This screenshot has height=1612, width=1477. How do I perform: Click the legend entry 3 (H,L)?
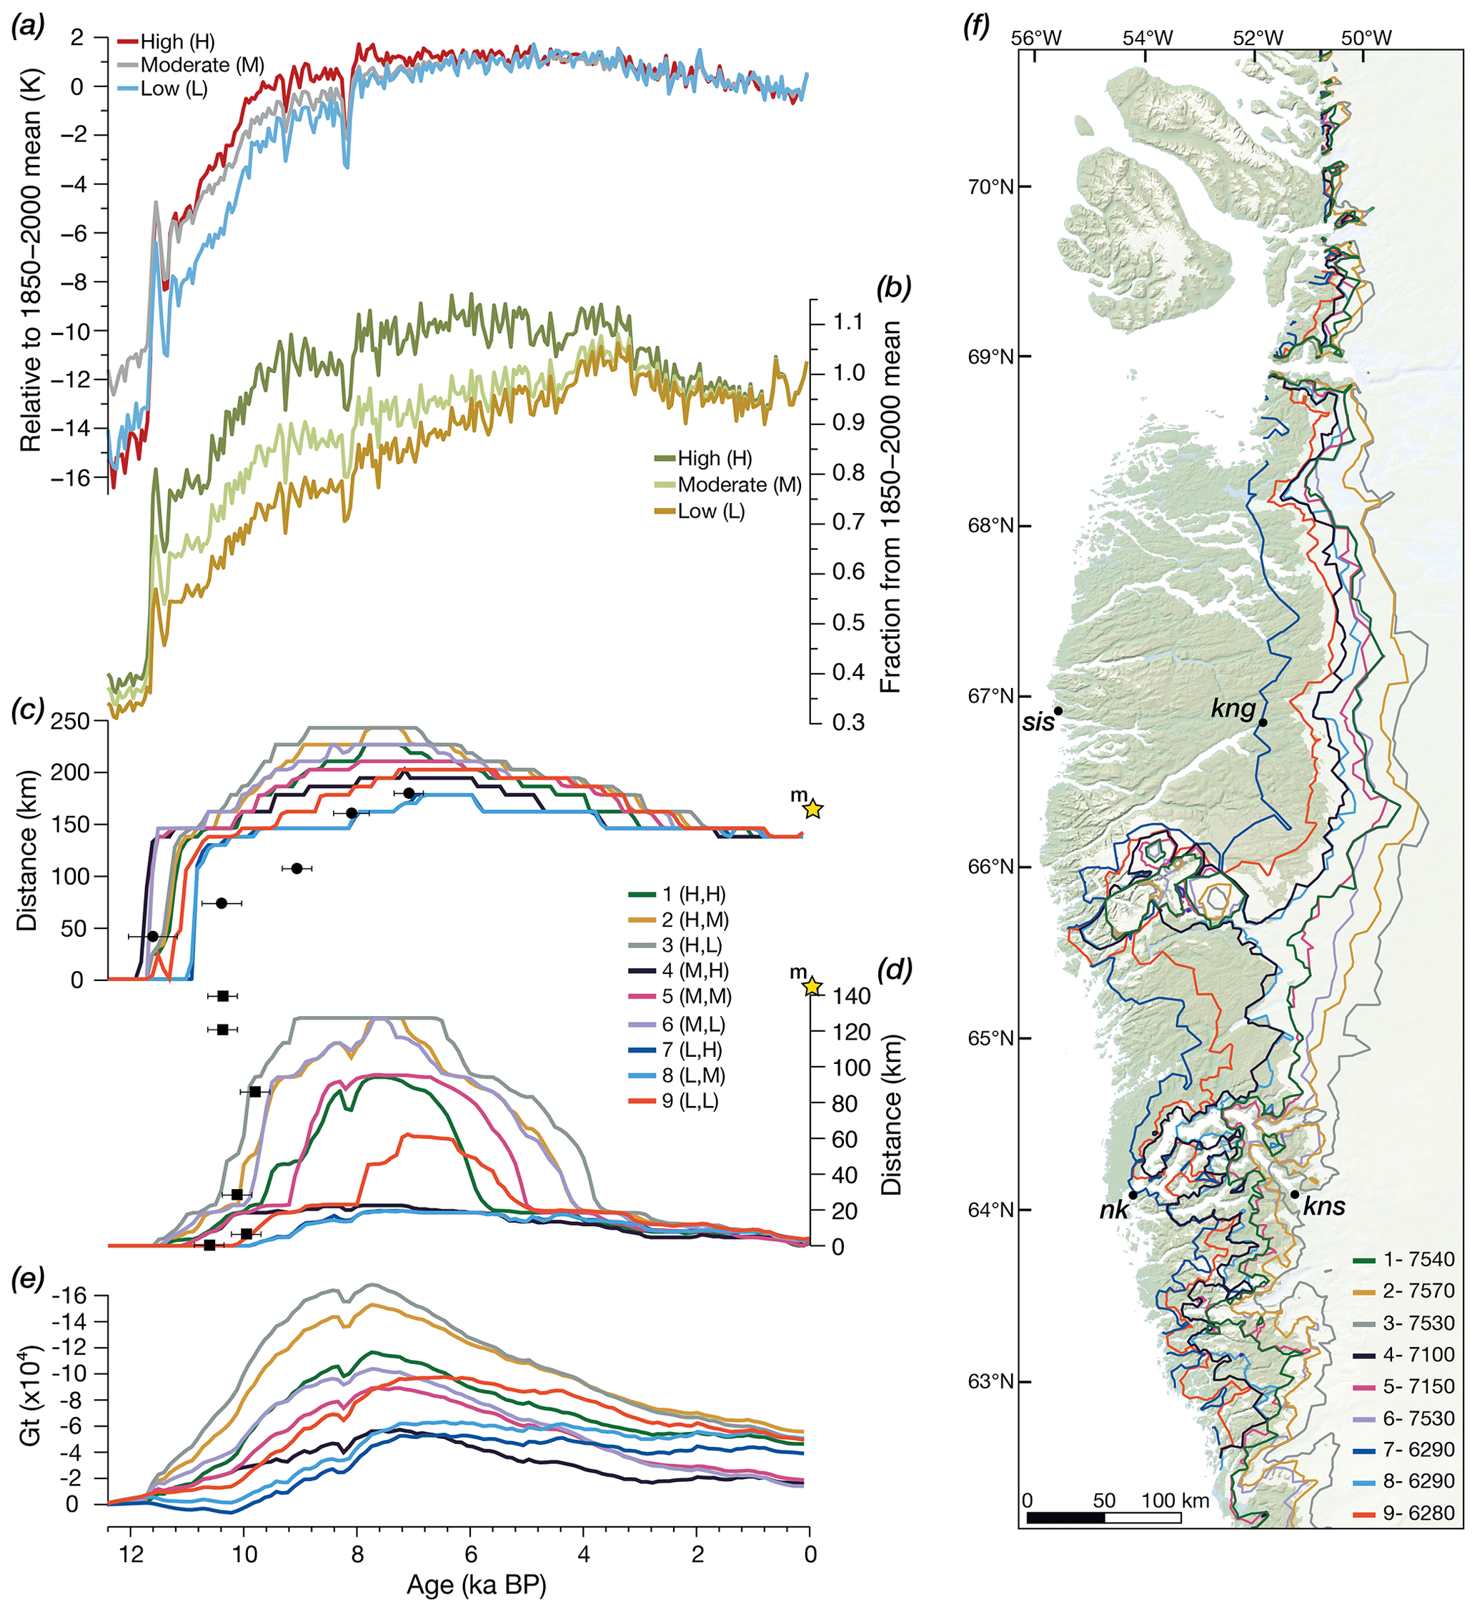pos(691,945)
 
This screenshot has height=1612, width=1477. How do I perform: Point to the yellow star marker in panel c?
pos(812,809)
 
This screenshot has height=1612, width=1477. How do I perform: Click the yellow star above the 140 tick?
pos(812,987)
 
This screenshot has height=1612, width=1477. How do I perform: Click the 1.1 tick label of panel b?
pos(847,322)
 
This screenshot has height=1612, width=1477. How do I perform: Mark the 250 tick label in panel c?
pos(69,720)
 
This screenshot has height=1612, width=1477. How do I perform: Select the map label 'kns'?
pos(1323,1208)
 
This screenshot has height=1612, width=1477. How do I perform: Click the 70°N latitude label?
pos(991,187)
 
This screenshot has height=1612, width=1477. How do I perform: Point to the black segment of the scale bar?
pos(1065,1517)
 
